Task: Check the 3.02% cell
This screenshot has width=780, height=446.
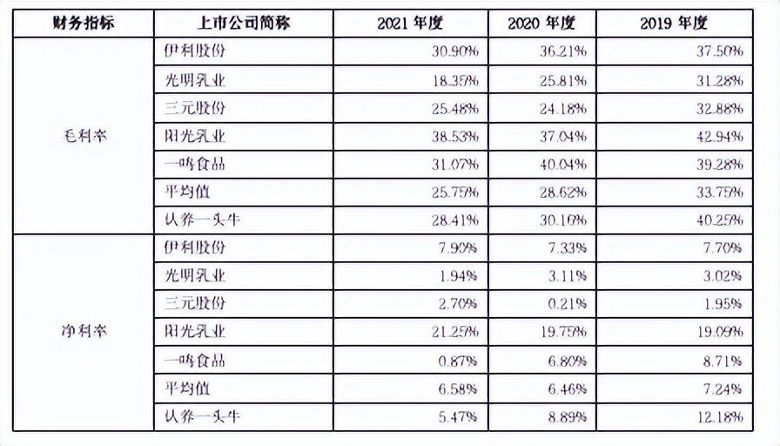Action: tap(722, 276)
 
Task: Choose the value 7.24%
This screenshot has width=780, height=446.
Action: tap(722, 389)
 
